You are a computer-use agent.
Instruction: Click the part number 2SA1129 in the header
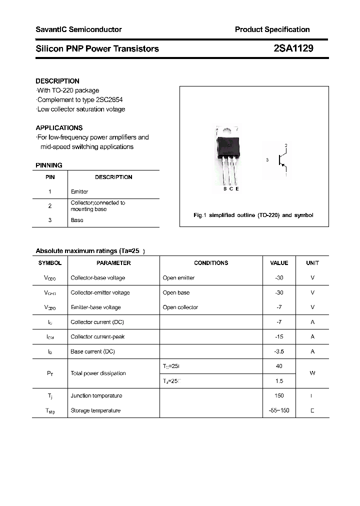[x=293, y=48]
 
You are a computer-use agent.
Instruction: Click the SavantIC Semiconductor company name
[x=78, y=29]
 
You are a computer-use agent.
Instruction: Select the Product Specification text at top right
[x=272, y=29]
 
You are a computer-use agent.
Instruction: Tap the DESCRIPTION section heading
[x=57, y=81]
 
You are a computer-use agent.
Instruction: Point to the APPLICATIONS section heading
[x=59, y=128]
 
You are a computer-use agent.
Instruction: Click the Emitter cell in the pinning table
[x=79, y=191]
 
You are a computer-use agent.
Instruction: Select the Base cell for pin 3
[x=77, y=220]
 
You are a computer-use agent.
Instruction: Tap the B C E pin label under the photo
[x=231, y=188]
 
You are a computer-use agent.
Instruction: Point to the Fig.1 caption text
[x=253, y=215]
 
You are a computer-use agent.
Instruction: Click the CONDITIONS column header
[x=211, y=263]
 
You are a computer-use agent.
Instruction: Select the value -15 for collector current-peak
[x=279, y=336]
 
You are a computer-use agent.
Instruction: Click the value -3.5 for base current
[x=279, y=351]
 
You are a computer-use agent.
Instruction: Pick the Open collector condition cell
[x=180, y=307]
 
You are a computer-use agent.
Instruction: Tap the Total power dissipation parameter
[x=98, y=373]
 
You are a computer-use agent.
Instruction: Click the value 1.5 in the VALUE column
[x=279, y=381]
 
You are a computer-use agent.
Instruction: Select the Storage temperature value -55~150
[x=279, y=410]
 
